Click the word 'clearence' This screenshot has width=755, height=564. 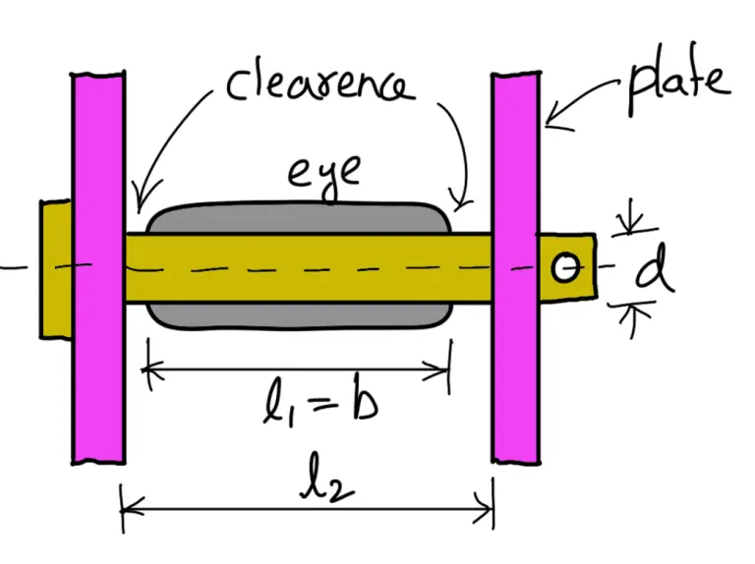click(319, 83)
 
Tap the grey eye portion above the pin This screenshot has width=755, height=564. click(295, 218)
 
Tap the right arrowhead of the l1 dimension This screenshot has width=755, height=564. click(444, 370)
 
